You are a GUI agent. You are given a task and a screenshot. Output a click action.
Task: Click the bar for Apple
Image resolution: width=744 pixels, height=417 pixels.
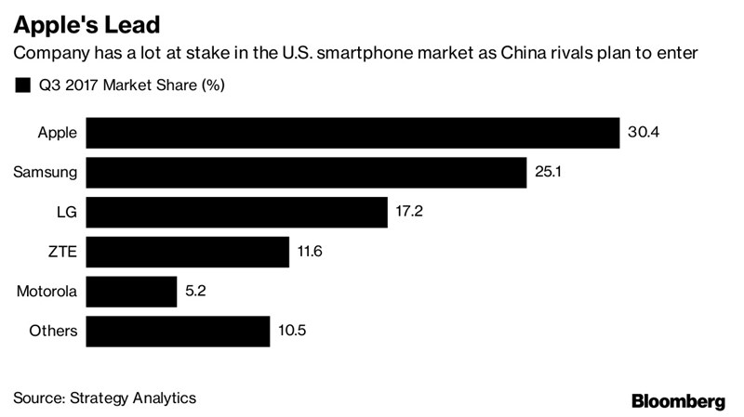(356, 133)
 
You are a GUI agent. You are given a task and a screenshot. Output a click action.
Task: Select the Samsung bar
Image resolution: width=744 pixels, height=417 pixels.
(310, 173)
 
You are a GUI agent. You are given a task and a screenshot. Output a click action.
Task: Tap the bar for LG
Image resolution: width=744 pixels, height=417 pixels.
(239, 212)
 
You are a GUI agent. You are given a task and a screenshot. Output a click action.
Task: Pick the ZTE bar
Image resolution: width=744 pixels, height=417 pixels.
(191, 252)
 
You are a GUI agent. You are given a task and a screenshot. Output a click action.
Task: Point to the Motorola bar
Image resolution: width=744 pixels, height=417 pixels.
(134, 292)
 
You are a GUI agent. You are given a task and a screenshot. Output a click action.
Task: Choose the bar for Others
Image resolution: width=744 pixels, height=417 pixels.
(180, 331)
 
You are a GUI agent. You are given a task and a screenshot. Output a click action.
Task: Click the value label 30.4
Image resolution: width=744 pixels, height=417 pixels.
(644, 133)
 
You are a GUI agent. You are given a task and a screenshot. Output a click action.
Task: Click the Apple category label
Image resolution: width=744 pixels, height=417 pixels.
(57, 133)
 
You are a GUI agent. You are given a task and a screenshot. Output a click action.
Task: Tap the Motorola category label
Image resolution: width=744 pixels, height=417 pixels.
(46, 292)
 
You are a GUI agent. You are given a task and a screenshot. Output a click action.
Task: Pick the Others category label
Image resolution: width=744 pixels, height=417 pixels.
(53, 331)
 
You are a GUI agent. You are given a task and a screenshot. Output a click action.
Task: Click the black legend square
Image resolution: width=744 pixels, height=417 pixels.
(22, 86)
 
